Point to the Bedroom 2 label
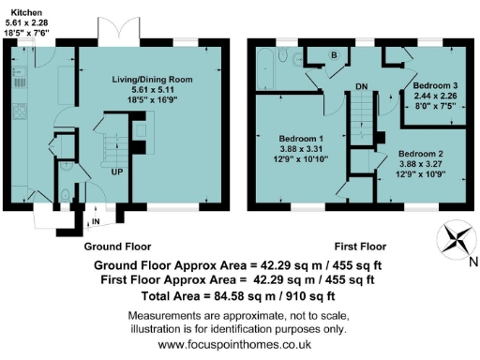click(x=420, y=153)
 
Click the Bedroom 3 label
click(x=432, y=84)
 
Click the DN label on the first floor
click(x=361, y=88)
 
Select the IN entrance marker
click(x=96, y=221)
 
